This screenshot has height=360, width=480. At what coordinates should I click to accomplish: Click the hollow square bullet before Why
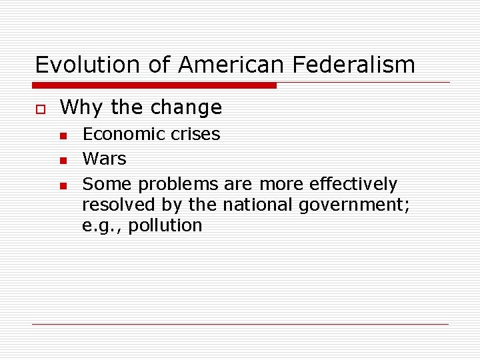39,108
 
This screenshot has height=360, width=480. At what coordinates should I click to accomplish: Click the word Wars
104,159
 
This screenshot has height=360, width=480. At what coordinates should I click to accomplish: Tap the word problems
178,183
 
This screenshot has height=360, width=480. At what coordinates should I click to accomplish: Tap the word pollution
165,225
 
